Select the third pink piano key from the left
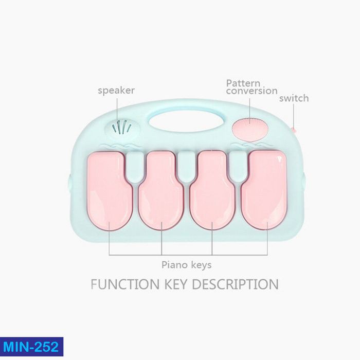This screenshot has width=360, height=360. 212,190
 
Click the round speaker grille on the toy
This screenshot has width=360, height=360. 122,128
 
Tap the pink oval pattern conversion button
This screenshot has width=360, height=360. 248,127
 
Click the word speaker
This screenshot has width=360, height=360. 116,91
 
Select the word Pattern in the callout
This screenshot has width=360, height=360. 243,83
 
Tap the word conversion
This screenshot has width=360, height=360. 252,91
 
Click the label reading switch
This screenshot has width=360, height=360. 294,98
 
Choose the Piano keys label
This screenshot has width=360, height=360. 187,265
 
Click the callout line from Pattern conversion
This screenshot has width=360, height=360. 249,107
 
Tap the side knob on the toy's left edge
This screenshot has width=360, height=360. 69,182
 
